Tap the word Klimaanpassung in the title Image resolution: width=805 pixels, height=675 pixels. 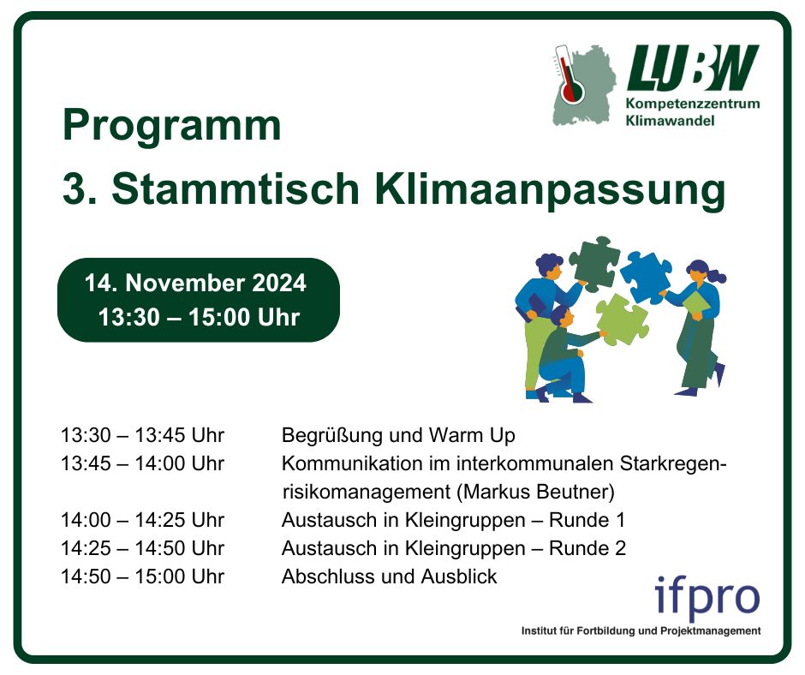click(550, 190)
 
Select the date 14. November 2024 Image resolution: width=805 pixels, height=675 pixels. click(195, 283)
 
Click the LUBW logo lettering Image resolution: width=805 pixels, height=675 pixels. click(693, 68)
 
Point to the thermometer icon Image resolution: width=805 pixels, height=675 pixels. click(569, 75)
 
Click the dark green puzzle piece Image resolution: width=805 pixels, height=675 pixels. click(594, 264)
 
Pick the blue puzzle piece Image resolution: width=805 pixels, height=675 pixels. click(647, 278)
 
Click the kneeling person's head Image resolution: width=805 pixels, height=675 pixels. click(563, 315)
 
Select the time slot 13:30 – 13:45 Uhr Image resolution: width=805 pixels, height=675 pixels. click(142, 435)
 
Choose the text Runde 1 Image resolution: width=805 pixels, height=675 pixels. click(587, 520)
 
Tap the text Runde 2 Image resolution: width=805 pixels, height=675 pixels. click(587, 548)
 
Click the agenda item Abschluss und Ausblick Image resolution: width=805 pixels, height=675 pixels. click(389, 576)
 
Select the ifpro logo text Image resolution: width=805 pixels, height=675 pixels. click(707, 599)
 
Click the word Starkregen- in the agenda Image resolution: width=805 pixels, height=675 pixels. click(674, 464)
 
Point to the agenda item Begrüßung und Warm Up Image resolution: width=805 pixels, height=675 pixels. click(398, 436)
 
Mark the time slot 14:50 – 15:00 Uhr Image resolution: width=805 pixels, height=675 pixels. click(142, 576)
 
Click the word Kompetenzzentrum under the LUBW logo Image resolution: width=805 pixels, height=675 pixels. click(693, 104)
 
